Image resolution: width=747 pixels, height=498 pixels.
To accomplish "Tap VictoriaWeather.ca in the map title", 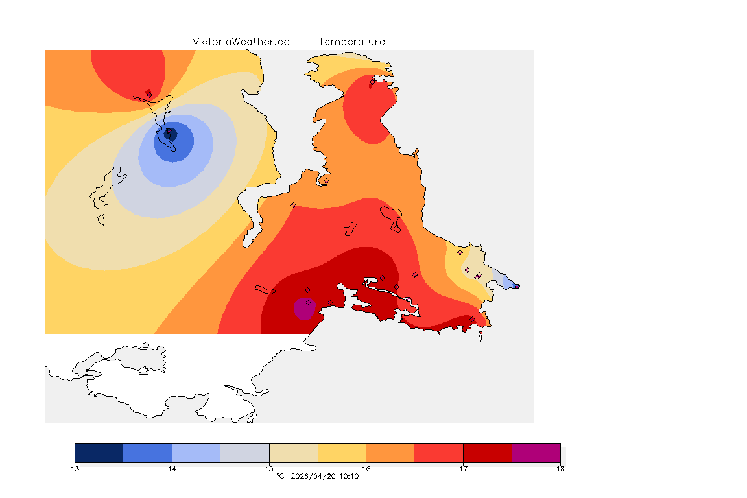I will [x=241, y=41].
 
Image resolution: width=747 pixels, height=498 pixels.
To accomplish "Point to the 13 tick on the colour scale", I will [x=75, y=468].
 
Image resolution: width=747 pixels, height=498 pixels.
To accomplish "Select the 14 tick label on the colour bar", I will [x=172, y=468].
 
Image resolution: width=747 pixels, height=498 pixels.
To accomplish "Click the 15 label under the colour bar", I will [x=269, y=468].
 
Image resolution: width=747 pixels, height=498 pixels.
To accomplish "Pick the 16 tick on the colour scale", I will [x=366, y=468].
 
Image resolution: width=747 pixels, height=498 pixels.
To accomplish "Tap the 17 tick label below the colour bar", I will [x=463, y=468].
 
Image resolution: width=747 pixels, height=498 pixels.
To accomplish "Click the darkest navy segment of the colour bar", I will [x=99, y=453].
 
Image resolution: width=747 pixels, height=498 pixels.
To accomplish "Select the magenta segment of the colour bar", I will [x=536, y=453].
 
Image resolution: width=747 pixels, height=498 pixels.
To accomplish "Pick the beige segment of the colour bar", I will [x=293, y=453].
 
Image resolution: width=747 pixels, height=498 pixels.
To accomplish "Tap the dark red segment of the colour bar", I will [x=487, y=453].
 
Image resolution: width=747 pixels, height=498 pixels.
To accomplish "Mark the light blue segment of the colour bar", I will [x=196, y=453].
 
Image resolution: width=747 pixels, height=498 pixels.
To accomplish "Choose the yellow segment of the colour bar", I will [x=342, y=453].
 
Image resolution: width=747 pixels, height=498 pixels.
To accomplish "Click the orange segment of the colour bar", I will [x=390, y=453].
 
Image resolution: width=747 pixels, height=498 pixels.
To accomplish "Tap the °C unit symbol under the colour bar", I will [x=280, y=476].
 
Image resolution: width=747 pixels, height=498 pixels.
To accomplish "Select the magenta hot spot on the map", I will [x=304, y=309].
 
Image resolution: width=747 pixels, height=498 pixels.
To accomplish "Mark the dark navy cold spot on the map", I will [x=171, y=134].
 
